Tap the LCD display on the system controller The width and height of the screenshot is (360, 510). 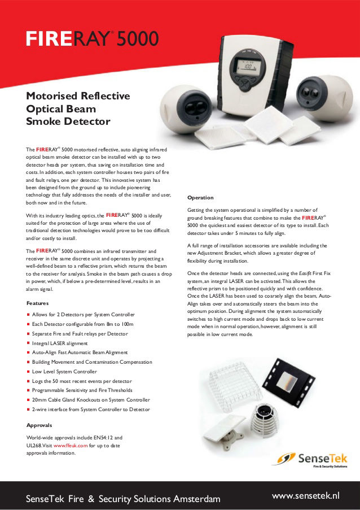tap(247, 66)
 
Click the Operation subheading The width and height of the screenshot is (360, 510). tap(200, 198)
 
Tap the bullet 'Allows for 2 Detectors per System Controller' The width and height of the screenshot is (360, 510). tap(84, 314)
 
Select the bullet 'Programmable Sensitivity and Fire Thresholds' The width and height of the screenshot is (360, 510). tap(82, 390)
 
